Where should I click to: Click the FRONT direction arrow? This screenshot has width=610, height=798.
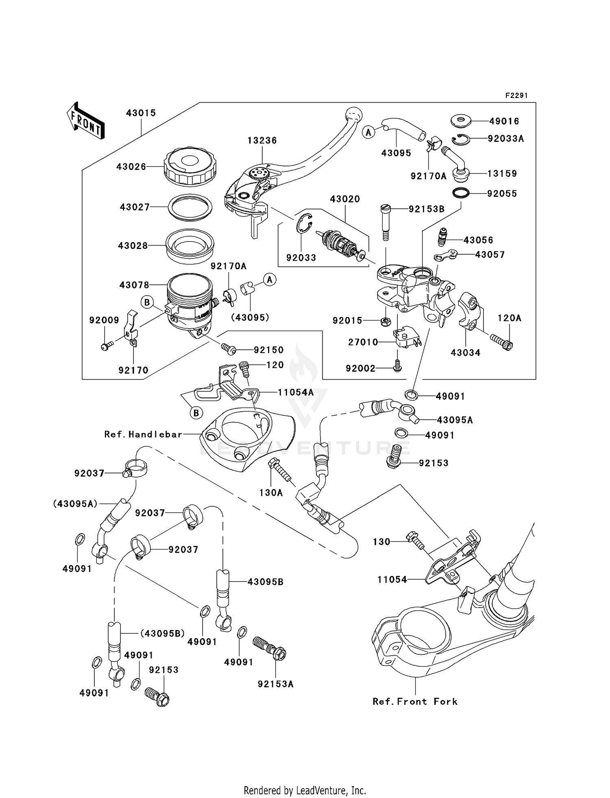(x=86, y=121)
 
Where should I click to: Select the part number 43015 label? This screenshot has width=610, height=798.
(x=141, y=113)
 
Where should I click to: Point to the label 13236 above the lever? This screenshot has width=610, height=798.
(x=262, y=140)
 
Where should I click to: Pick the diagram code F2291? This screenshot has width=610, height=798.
(x=516, y=96)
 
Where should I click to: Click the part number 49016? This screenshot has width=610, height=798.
(x=504, y=121)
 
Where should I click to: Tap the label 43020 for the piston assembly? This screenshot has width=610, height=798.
(x=345, y=199)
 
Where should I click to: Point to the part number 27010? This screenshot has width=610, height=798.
(x=363, y=342)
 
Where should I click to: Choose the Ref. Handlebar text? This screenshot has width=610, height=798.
(x=143, y=434)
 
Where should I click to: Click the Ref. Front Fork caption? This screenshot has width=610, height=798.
(x=415, y=701)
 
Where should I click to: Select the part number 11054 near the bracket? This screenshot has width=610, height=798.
(x=392, y=580)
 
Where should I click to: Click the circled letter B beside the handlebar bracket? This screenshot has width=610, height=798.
(x=196, y=413)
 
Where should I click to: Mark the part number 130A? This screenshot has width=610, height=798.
(x=271, y=493)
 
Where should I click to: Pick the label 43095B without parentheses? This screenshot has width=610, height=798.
(x=265, y=582)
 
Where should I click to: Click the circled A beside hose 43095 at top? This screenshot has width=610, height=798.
(x=368, y=132)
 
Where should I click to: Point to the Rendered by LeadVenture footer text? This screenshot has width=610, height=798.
(x=305, y=790)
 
